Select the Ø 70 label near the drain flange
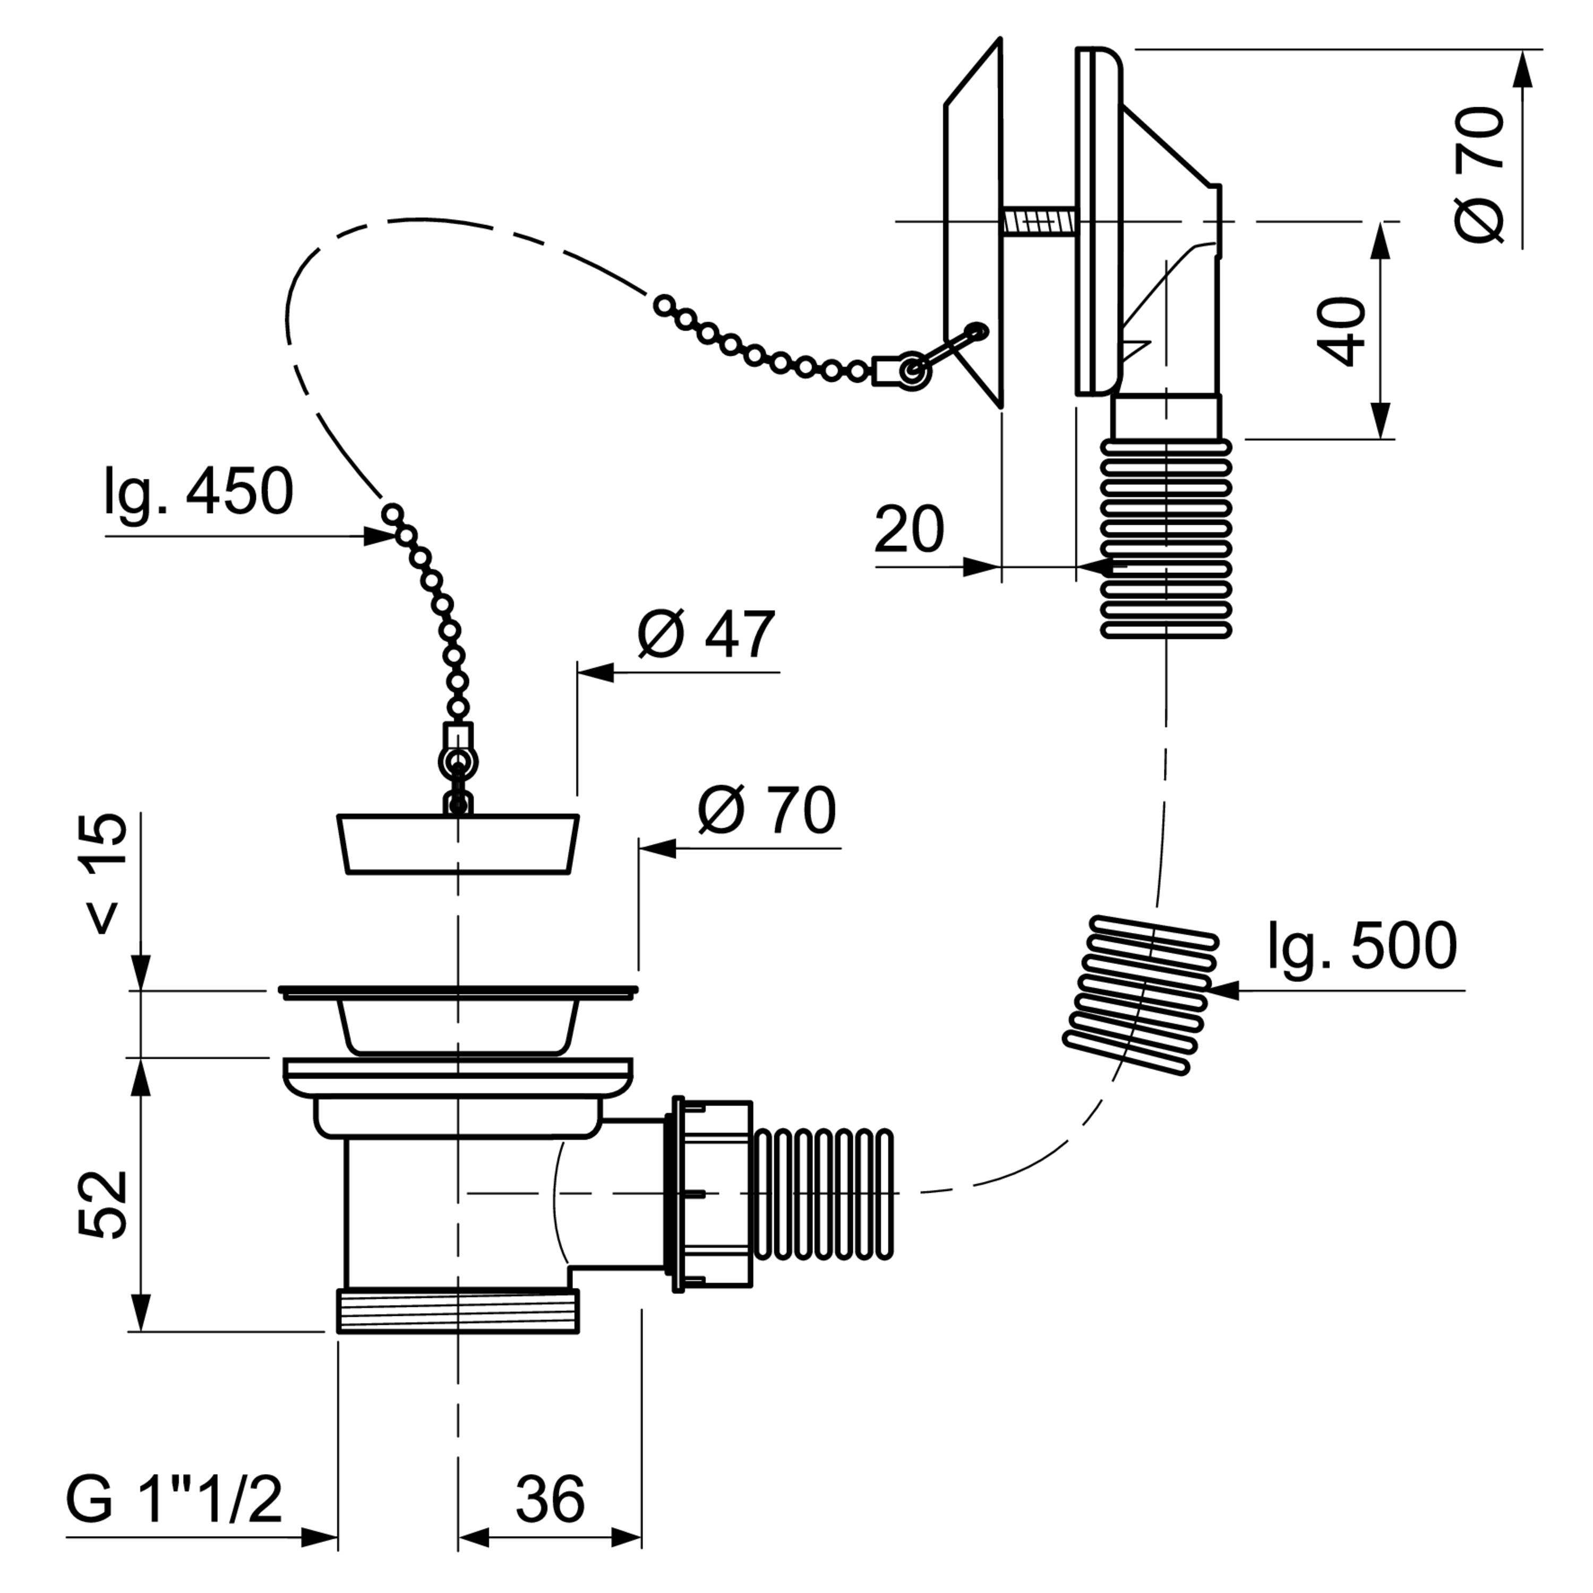tap(767, 810)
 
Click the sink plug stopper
tap(458, 844)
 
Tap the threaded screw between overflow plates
tap(1039, 221)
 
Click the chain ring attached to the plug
tap(458, 762)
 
